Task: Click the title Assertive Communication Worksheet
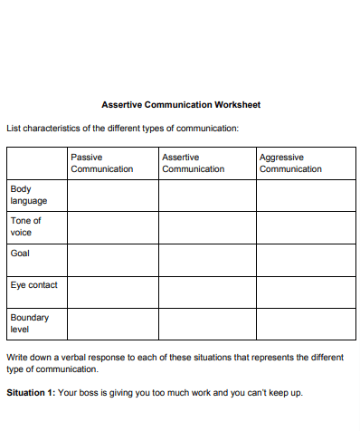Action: [180, 105]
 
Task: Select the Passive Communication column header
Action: [101, 164]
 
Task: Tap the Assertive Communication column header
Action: [193, 164]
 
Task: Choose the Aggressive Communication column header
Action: [290, 164]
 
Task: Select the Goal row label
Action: [20, 254]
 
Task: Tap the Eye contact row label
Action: [33, 285]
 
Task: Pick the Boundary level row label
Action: [29, 323]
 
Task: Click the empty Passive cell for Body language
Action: [112, 195]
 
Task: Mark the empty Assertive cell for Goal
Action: [206, 260]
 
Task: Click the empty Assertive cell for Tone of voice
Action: [206, 226]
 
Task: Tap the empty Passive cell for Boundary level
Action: [112, 323]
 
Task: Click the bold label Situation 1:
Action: [31, 393]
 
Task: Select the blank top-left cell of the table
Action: [36, 164]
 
